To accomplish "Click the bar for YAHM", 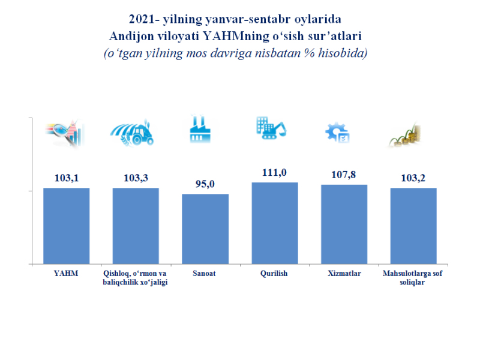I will point(67,226).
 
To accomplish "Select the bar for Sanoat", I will point(205,229).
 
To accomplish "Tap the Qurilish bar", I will point(275,223).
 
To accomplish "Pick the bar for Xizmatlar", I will point(344,224).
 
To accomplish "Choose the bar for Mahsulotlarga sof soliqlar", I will point(413,226).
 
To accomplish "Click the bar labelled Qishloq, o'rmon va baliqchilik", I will point(136,226).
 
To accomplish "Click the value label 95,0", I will point(205,184).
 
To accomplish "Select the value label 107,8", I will point(344,175).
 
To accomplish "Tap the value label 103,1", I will point(67,178).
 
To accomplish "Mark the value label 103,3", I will point(136,178).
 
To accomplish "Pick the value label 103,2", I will point(413,178).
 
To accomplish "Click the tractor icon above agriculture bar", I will point(133,134).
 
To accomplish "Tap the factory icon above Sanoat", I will point(201,130).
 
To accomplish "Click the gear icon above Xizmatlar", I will point(337,133).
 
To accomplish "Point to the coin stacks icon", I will point(405,136).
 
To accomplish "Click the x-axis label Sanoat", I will point(205,274).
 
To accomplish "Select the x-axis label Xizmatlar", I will point(344,274).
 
